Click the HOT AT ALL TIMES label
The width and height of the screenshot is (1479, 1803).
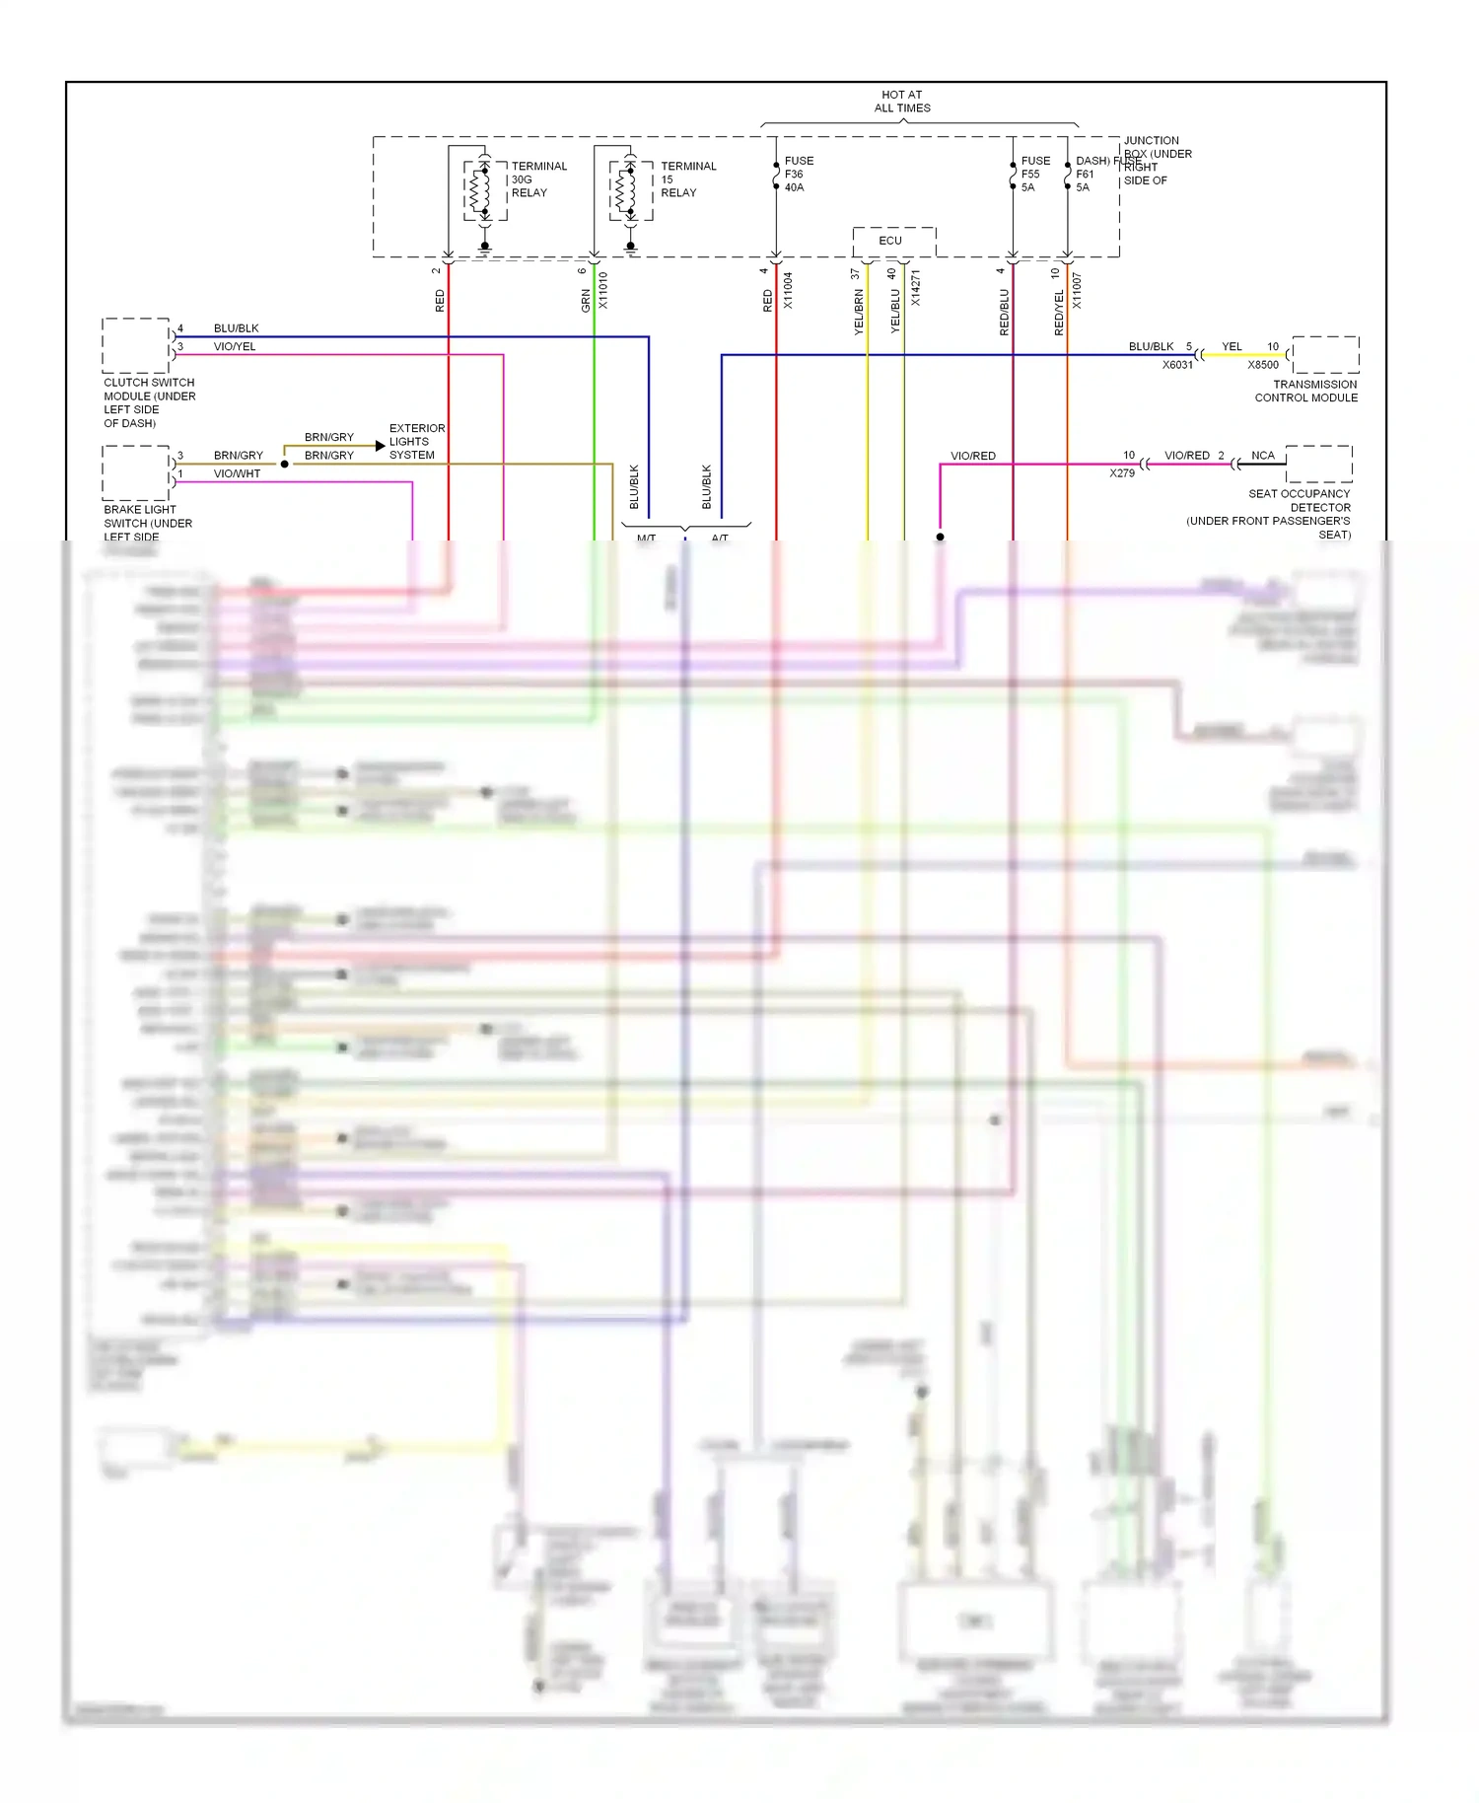pyautogui.click(x=901, y=102)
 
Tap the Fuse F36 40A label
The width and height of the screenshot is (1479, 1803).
pyautogui.click(x=798, y=174)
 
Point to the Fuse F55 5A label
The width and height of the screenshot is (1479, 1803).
pyautogui.click(x=1034, y=174)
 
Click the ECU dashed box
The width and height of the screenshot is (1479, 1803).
pyautogui.click(x=893, y=241)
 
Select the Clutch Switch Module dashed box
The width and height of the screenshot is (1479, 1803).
pyautogui.click(x=136, y=345)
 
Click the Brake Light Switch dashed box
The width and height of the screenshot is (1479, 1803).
pyautogui.click(x=136, y=472)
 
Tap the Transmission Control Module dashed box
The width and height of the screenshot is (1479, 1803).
pyautogui.click(x=1325, y=354)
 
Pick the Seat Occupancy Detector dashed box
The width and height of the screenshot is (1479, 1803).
pyautogui.click(x=1318, y=464)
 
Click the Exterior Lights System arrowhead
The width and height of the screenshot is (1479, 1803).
pyautogui.click(x=380, y=446)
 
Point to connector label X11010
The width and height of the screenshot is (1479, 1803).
pyautogui.click(x=603, y=291)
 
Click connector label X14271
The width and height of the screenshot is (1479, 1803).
pyautogui.click(x=915, y=288)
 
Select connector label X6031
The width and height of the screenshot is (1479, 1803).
pyautogui.click(x=1177, y=365)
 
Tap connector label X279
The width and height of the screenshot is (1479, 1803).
pyautogui.click(x=1122, y=473)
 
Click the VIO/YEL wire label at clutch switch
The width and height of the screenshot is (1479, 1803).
pyautogui.click(x=235, y=346)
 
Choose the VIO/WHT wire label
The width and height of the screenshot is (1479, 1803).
pyautogui.click(x=237, y=473)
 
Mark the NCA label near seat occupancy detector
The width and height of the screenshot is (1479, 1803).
pyautogui.click(x=1262, y=456)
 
